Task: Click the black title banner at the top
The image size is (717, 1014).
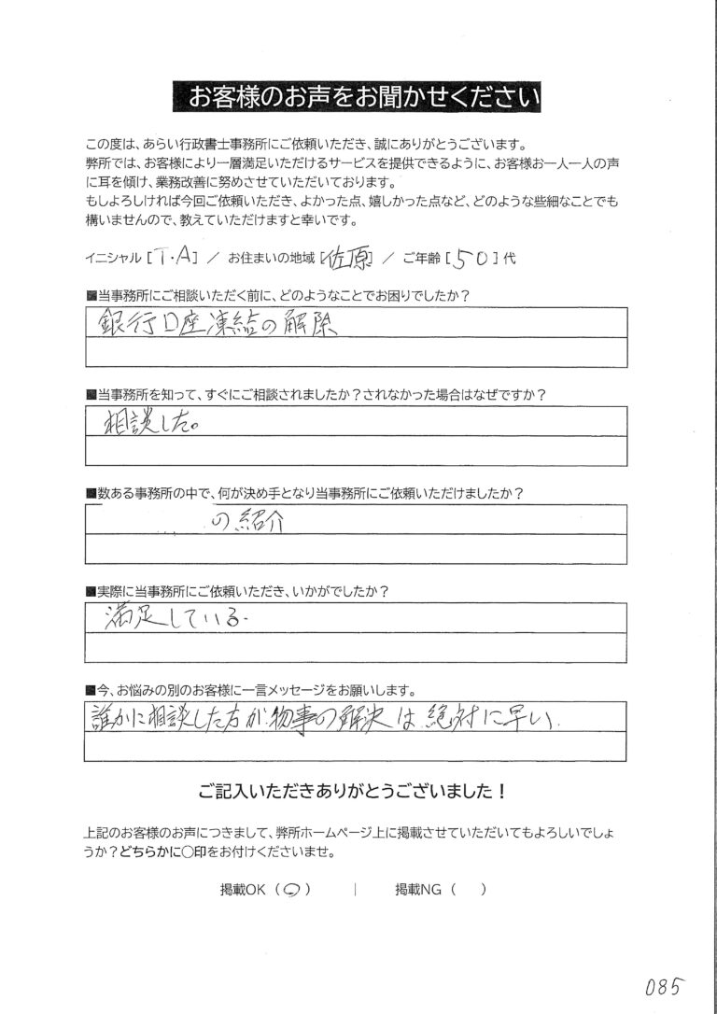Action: coord(358,96)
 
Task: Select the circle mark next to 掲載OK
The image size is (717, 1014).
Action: coord(289,891)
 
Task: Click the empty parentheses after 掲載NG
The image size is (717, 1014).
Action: coord(468,891)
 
